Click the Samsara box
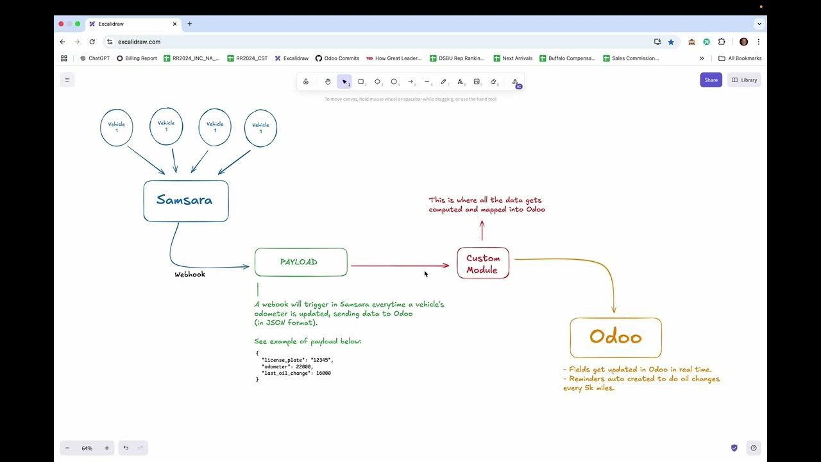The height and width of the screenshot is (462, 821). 185,201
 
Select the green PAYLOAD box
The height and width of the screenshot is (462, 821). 300,262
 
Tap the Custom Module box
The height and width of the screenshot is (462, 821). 482,264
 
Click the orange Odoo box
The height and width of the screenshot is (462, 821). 615,338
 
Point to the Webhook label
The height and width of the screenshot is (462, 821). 190,275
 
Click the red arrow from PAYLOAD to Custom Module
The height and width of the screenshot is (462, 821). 398,266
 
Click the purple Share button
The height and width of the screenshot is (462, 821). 711,80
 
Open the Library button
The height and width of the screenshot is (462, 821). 744,80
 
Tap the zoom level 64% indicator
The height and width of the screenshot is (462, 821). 87,448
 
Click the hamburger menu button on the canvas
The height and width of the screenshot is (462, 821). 67,80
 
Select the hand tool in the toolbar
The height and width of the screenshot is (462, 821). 328,81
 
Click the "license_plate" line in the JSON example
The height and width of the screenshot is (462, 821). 297,360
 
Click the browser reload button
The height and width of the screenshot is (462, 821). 92,42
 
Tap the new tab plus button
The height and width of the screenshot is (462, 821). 189,24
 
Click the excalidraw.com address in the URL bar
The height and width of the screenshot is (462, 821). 139,42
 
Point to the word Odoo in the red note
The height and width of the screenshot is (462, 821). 536,210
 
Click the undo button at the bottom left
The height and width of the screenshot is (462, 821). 126,448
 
